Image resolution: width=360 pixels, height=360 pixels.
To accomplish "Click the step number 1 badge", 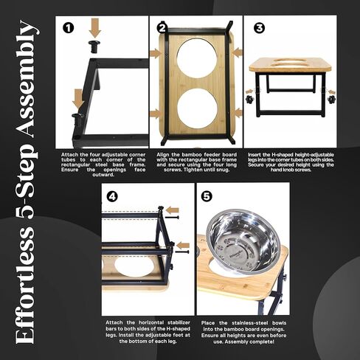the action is pos(68,28).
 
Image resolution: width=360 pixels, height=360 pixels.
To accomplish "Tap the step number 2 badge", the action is pos(162,28).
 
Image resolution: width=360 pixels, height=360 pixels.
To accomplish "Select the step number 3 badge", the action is pos(259,28).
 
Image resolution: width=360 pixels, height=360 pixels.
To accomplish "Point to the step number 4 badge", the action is pos(113,197).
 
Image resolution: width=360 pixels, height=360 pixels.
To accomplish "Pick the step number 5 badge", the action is pos(207,196).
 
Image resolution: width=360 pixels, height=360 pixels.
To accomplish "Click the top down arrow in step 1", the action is pos(94,29).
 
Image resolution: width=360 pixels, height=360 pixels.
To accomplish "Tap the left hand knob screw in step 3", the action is pos(249,99).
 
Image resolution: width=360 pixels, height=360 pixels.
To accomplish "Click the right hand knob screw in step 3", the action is pos(330,99).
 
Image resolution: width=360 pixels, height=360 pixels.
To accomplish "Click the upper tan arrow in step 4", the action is pos(173,210).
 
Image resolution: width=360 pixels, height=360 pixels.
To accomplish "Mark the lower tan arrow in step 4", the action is pos(184,245).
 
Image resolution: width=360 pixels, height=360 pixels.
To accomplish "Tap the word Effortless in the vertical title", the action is pos(26,285).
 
